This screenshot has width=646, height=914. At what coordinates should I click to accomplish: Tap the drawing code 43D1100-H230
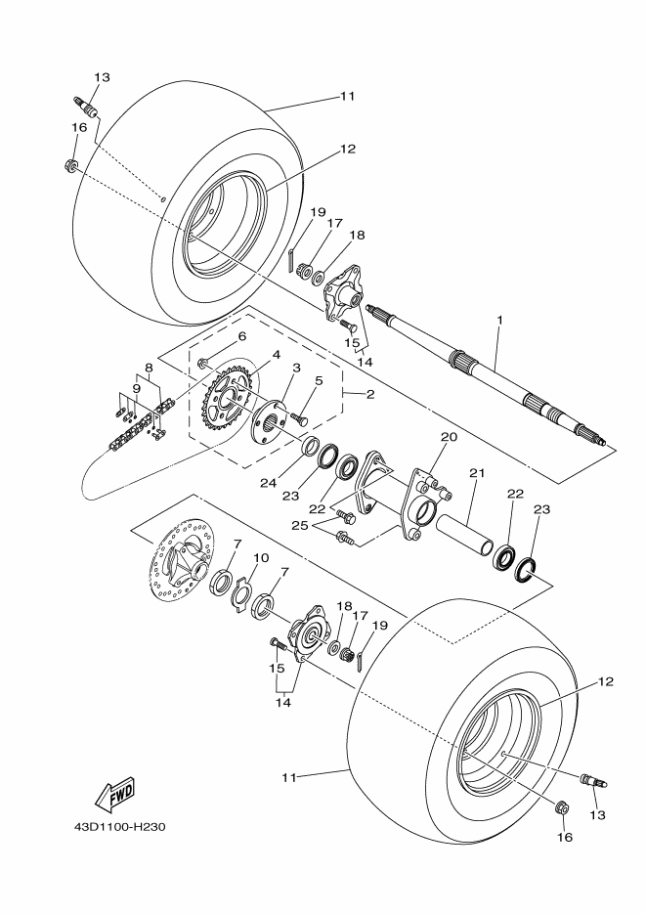click(x=119, y=826)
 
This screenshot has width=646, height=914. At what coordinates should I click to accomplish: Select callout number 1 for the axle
click(x=498, y=320)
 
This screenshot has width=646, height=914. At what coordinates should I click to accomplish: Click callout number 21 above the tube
click(x=477, y=473)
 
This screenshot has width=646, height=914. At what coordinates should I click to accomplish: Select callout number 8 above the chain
click(x=149, y=369)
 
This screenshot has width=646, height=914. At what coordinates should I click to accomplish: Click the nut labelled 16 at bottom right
click(x=562, y=808)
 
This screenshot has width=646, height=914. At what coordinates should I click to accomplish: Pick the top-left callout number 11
click(x=347, y=97)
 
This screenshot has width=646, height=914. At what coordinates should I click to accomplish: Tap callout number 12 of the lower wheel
click(x=606, y=682)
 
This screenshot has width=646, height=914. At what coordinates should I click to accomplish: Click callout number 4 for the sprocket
click(x=277, y=355)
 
